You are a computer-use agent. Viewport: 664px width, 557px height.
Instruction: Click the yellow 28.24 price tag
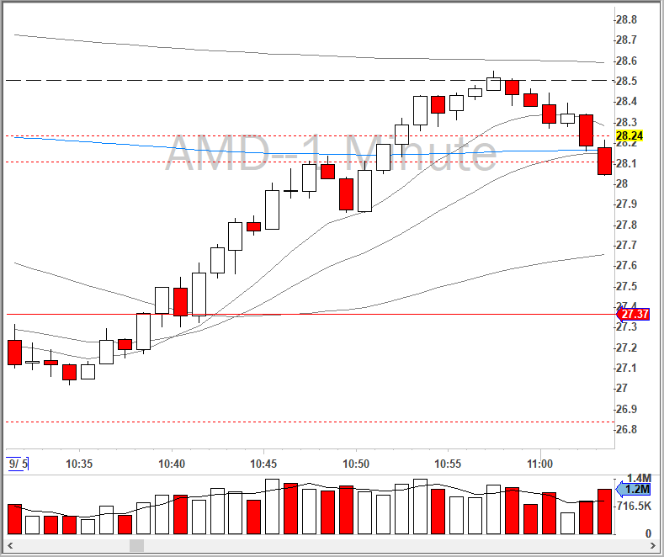[629, 135]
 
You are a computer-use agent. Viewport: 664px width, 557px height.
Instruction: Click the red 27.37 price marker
[634, 314]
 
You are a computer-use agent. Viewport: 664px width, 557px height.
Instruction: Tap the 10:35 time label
[79, 464]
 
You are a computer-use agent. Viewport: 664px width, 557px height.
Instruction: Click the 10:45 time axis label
[263, 464]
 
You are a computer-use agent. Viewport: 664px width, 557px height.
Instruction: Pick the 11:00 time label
[539, 464]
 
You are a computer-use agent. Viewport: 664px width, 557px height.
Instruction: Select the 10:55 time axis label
[448, 464]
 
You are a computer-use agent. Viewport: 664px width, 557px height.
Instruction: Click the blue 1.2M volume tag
[637, 489]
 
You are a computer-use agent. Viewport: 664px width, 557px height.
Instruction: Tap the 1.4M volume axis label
[637, 478]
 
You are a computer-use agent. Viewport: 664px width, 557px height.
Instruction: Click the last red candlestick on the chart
[604, 161]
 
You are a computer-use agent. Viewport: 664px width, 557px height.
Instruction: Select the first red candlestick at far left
[14, 352]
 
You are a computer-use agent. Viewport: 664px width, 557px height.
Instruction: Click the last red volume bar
[604, 511]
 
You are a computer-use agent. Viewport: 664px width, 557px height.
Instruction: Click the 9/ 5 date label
[18, 464]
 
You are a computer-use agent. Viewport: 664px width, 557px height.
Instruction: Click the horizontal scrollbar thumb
[136, 546]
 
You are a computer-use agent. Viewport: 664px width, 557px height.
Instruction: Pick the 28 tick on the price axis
[621, 183]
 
